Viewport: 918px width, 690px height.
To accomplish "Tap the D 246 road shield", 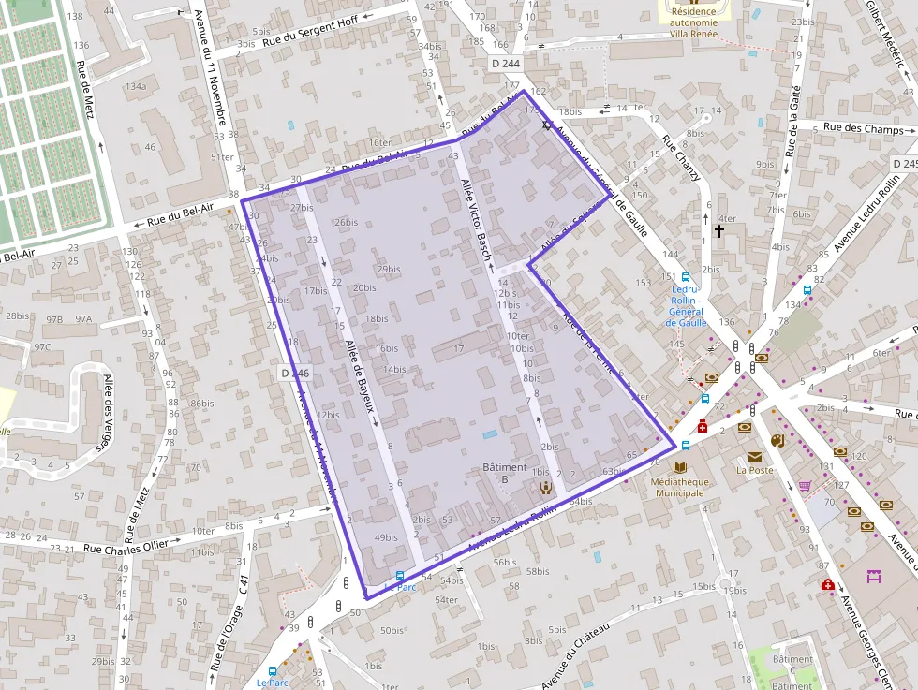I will [293, 373].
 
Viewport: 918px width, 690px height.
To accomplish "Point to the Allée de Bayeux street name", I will [360, 374].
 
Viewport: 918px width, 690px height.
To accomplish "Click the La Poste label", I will [754, 470].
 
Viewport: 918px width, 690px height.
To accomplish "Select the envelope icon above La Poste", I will [754, 456].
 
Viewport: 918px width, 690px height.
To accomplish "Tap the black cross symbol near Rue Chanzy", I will [719, 229].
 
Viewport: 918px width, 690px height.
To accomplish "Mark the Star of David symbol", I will [548, 125].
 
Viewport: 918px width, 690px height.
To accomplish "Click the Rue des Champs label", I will [864, 128].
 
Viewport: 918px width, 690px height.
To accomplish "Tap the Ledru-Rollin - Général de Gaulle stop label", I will [685, 305].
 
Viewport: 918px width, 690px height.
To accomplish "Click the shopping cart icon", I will [805, 486].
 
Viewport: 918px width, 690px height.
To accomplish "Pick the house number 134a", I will [136, 86].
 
